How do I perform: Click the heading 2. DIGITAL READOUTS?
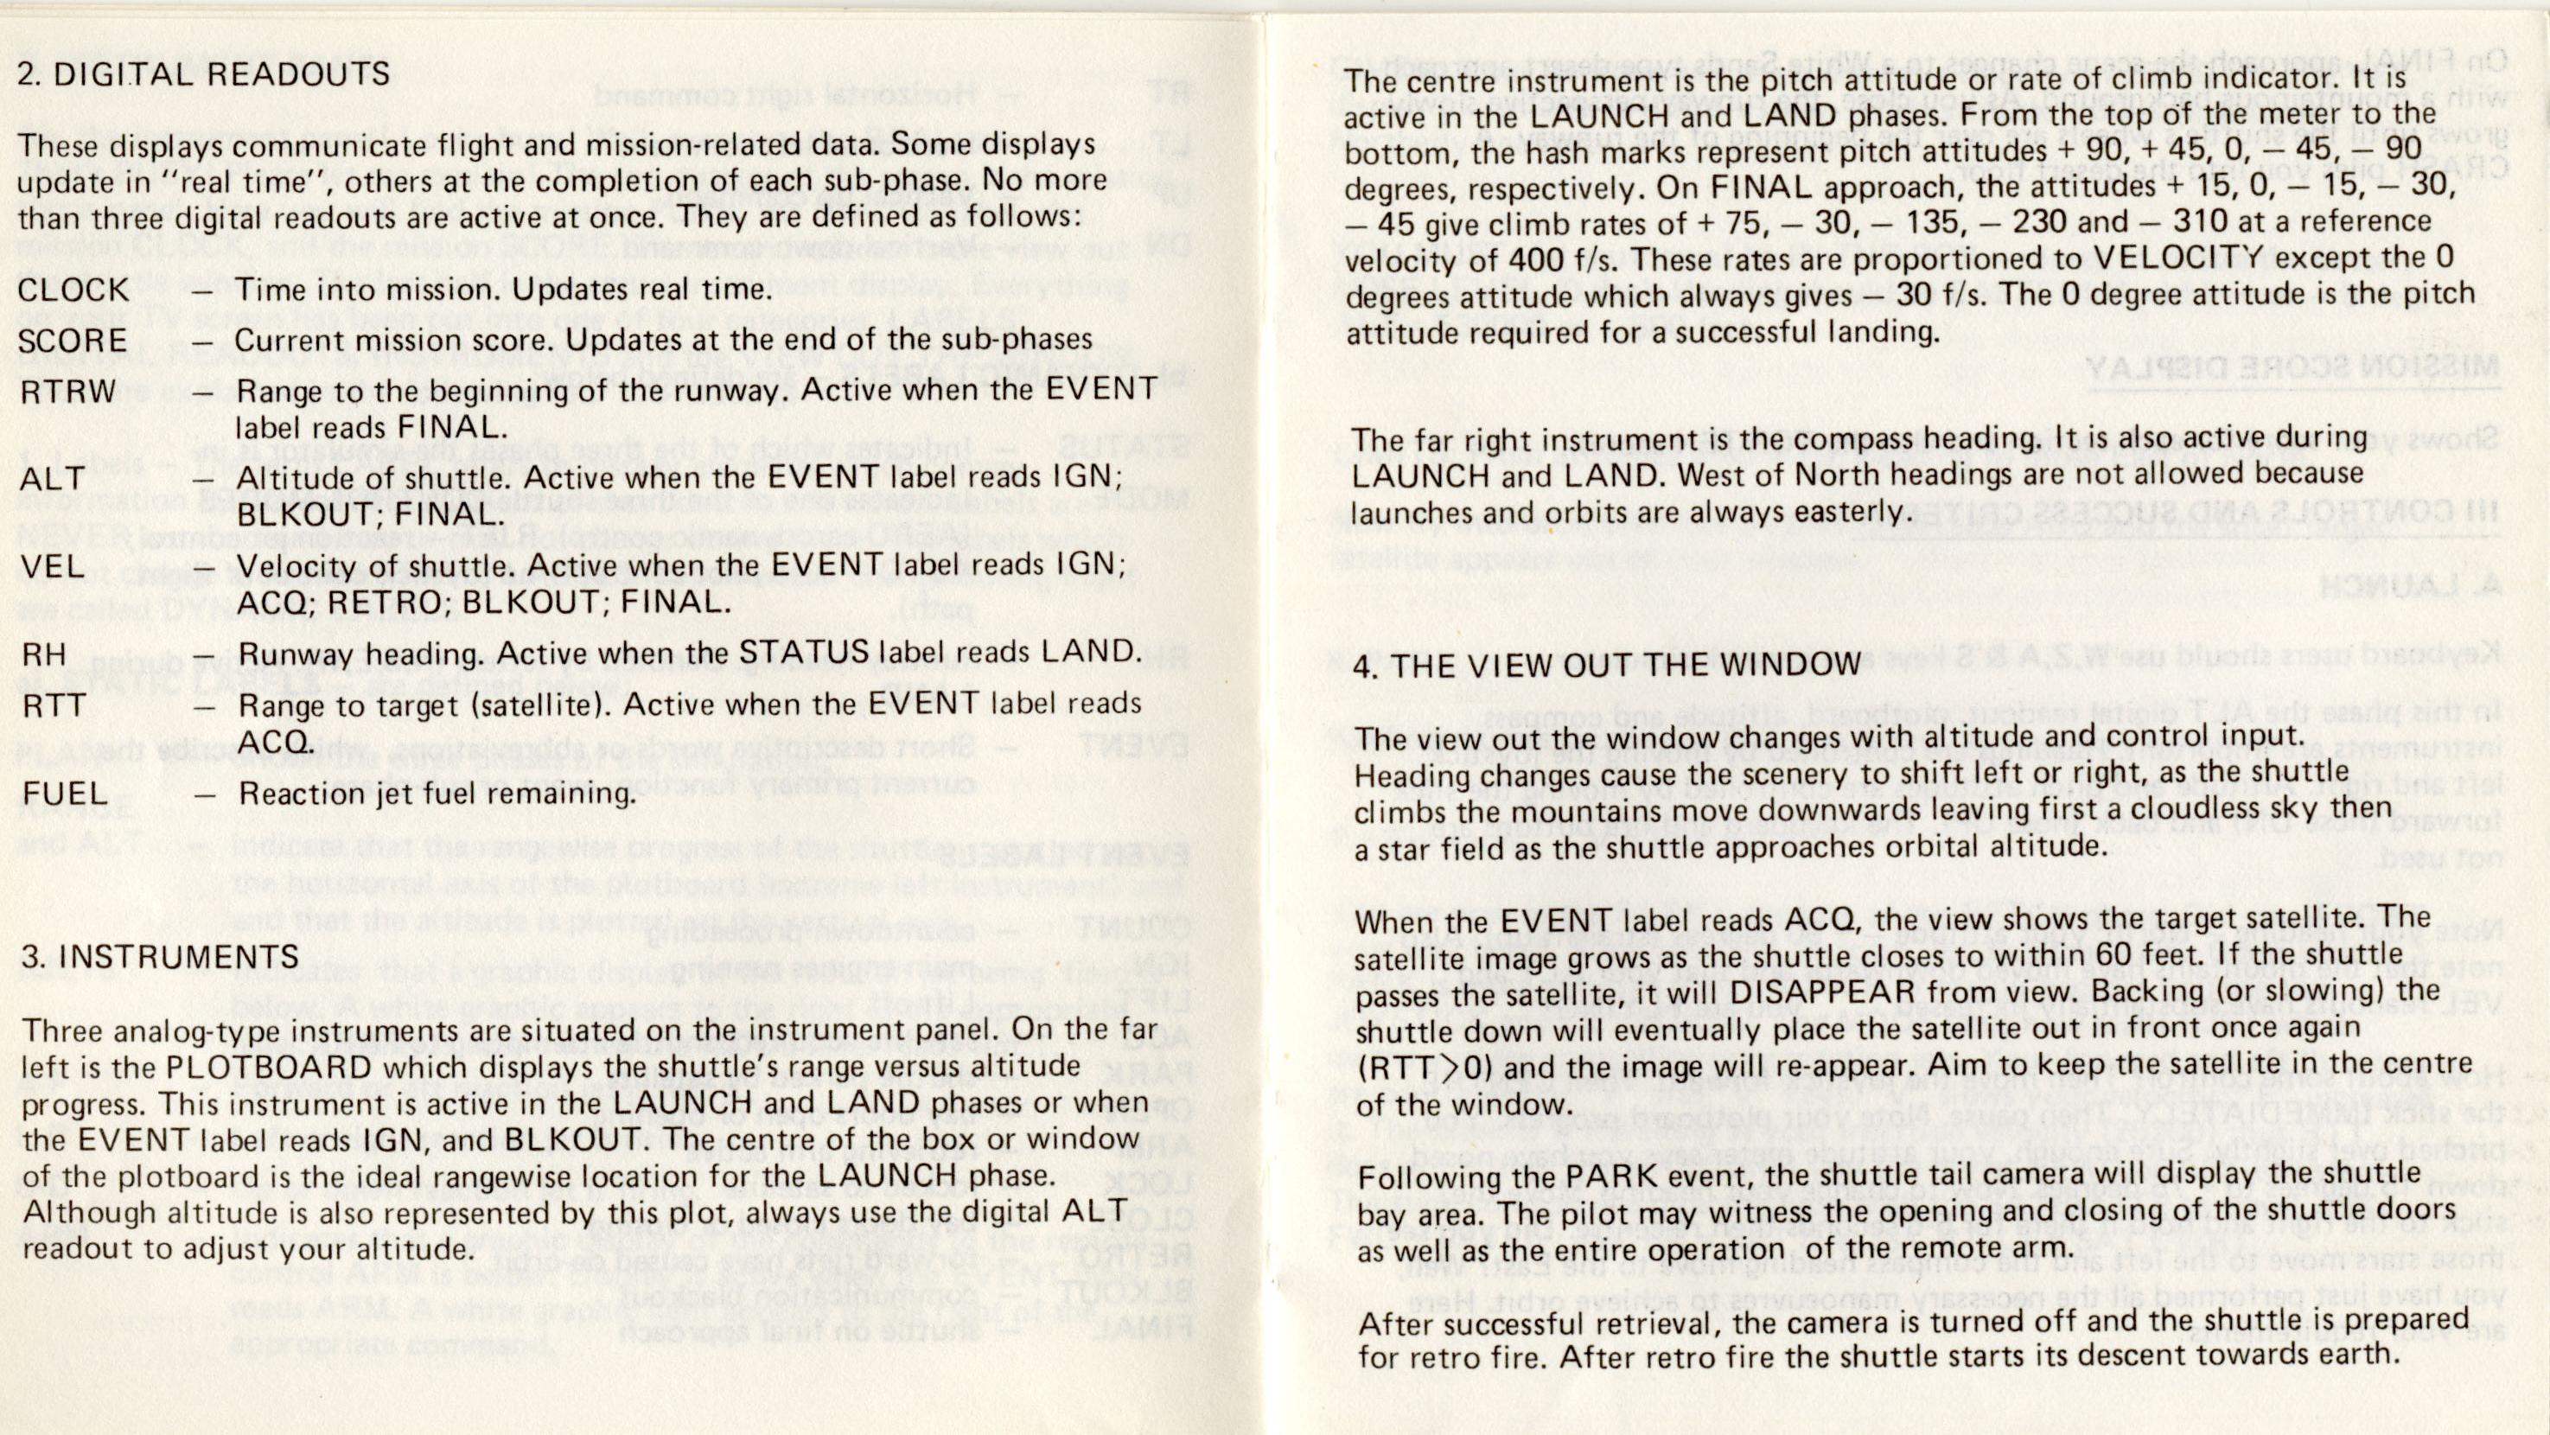[204, 75]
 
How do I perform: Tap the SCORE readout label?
[73, 341]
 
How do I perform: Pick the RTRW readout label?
[68, 392]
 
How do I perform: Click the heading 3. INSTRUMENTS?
[161, 956]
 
